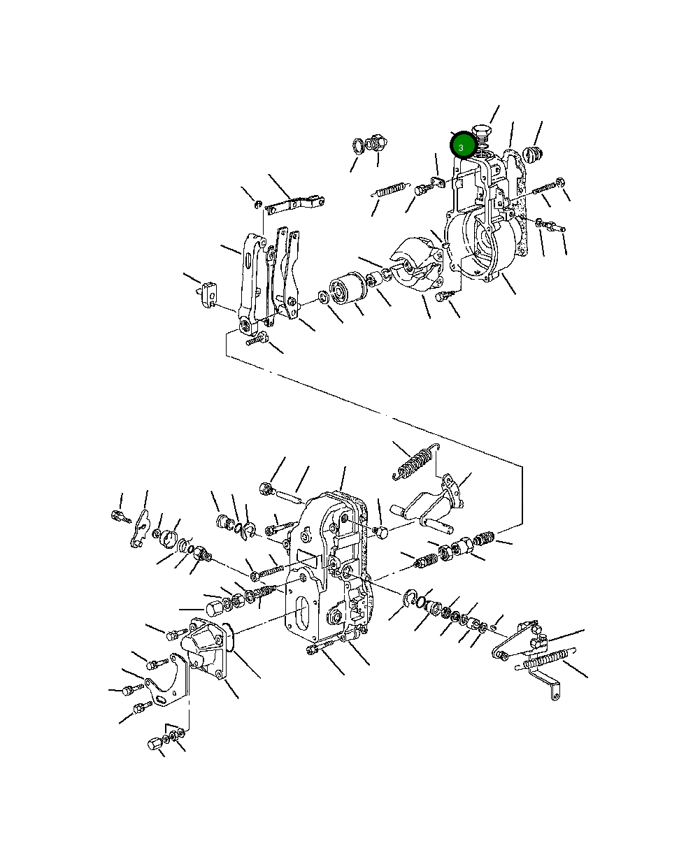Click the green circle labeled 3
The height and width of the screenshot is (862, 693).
[461, 147]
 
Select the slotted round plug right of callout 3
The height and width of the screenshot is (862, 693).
[534, 155]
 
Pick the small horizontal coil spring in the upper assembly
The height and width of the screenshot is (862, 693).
[390, 189]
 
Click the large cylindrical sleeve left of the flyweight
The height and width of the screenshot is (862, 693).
[346, 289]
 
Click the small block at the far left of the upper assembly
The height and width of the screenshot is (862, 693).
[208, 292]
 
